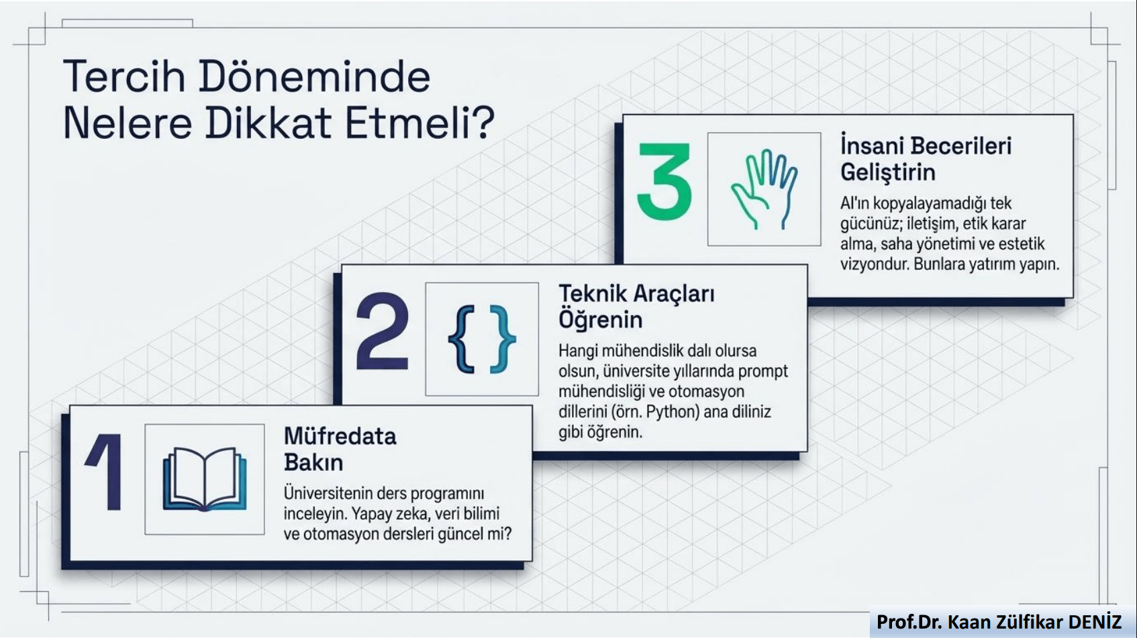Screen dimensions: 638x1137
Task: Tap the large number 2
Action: pyautogui.click(x=382, y=332)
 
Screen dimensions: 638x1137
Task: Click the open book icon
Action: pyautogui.click(x=205, y=479)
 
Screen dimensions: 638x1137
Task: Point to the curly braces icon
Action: pyautogui.click(x=481, y=339)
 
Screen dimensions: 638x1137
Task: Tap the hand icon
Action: pyautogui.click(x=764, y=189)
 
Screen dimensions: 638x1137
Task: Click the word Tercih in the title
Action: pyautogui.click(x=124, y=76)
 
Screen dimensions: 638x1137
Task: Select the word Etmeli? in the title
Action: pyautogui.click(x=419, y=123)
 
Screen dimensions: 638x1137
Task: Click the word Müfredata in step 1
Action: pyautogui.click(x=340, y=437)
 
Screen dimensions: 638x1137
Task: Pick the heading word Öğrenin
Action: pyautogui.click(x=600, y=320)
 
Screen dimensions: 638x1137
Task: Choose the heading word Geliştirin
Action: pyautogui.click(x=887, y=172)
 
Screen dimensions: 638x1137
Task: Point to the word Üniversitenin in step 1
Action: pyautogui.click(x=328, y=494)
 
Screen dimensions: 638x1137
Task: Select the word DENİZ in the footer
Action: pyautogui.click(x=1095, y=623)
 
